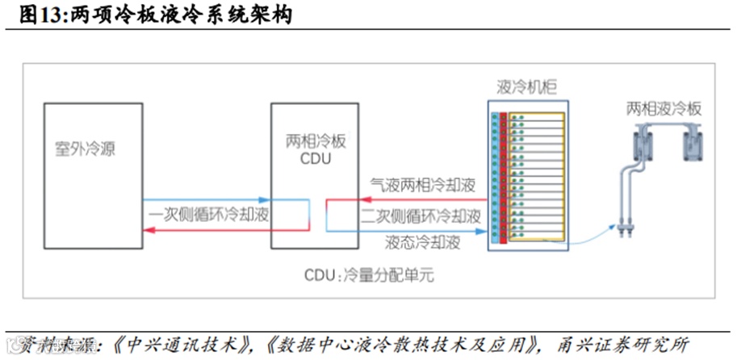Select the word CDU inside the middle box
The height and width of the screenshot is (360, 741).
315,158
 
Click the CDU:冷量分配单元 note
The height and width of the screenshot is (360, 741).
369,275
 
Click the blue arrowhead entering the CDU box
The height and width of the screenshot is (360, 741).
266,199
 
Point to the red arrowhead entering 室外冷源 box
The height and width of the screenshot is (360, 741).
146,232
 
